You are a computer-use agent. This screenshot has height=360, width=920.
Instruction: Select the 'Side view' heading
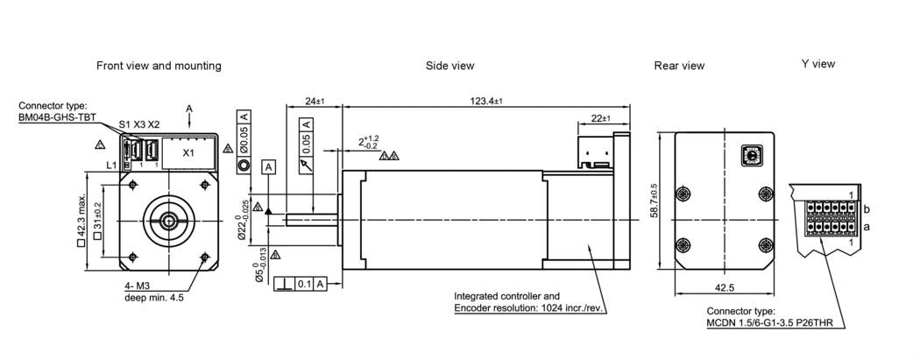coord(449,66)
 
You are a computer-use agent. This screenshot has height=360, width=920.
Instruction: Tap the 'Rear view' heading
coord(679,66)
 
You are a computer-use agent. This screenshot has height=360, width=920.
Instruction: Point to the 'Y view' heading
coord(817,64)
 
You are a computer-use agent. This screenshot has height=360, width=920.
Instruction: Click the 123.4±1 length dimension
coord(485,102)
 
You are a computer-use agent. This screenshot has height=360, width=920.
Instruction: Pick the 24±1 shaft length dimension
coord(314,102)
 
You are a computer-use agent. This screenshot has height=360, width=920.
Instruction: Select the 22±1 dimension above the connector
coord(602,117)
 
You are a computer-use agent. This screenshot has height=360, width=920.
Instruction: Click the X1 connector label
coord(188,152)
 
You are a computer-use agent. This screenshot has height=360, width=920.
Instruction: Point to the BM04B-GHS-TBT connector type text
coord(57,116)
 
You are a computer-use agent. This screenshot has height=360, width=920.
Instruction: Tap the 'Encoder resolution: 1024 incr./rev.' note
coord(530,308)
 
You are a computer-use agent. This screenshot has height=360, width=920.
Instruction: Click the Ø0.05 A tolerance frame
coord(244,133)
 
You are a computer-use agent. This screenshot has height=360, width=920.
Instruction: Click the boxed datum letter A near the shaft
coord(269,166)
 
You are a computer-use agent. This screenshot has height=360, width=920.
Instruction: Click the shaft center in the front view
coord(167,219)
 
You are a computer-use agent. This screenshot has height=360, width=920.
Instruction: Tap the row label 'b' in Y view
coord(866,210)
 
